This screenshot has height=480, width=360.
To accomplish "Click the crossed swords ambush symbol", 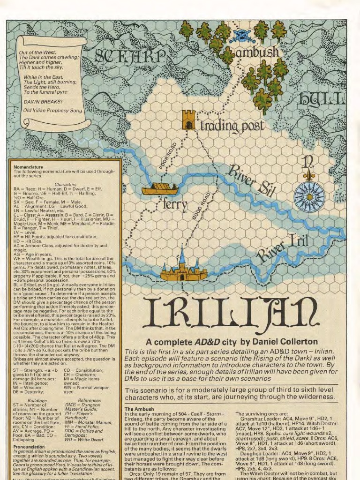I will coord(239,36).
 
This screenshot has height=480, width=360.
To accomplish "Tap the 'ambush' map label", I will coord(257,52).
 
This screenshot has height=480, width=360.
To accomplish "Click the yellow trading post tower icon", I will coord(188,120).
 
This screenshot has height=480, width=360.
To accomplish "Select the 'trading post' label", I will coord(232,126).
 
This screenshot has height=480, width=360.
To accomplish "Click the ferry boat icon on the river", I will coord(160,189).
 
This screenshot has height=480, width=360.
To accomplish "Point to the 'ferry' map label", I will coord(175,205).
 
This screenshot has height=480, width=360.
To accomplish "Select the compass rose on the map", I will coord(309,196).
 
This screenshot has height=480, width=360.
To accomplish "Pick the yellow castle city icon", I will coord(183,269).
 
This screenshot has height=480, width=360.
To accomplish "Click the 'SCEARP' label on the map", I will coord(130,56).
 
